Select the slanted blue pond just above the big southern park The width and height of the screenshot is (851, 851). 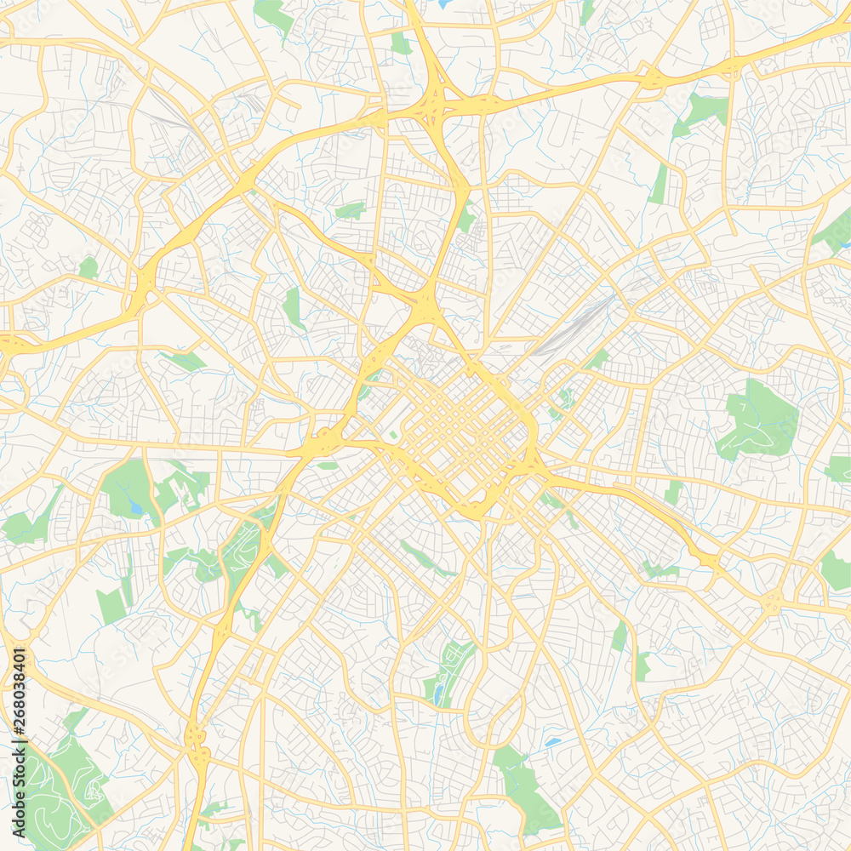(x=553, y=743)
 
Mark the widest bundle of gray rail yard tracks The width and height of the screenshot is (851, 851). (x=579, y=328)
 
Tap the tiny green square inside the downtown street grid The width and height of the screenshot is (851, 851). (x=393, y=435)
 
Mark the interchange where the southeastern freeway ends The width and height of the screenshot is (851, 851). (x=706, y=558)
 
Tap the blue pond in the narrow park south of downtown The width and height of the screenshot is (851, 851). (x=438, y=694)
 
